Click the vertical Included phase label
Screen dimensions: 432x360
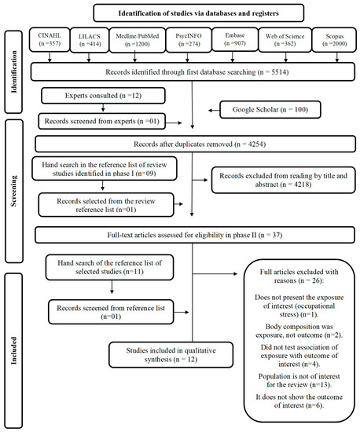coord(14,346)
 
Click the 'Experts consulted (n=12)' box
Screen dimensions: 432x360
coord(105,97)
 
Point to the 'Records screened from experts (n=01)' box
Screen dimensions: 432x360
coord(105,120)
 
